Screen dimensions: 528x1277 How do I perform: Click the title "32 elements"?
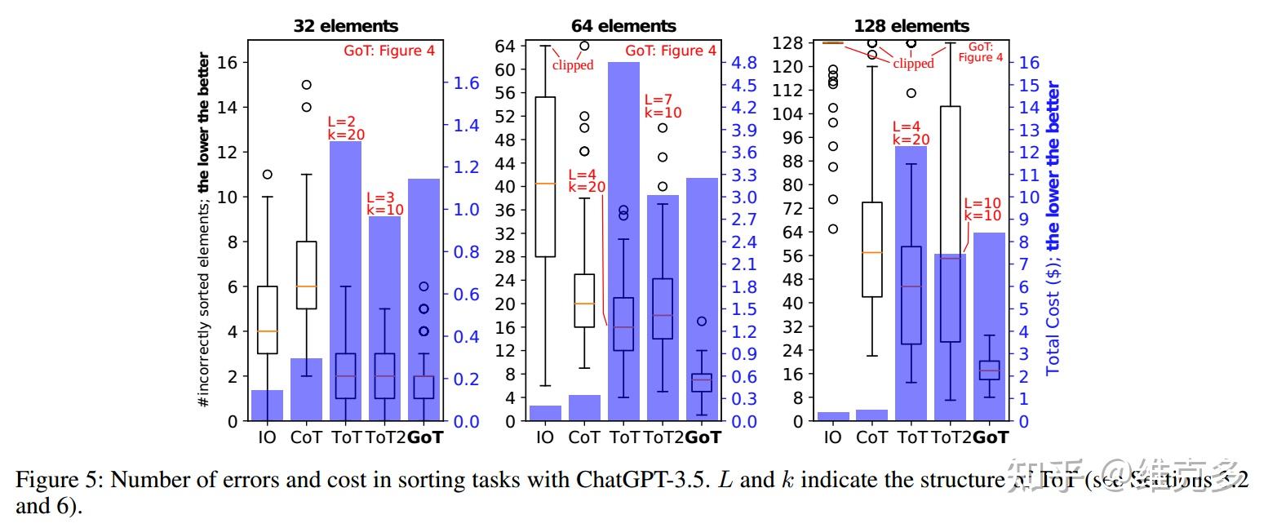pos(346,26)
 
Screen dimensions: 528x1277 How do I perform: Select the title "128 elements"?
pos(911,26)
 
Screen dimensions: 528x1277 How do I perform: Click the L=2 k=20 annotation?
pos(346,129)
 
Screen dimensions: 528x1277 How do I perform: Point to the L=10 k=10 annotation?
pos(982,210)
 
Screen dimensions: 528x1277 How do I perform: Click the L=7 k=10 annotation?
pos(663,107)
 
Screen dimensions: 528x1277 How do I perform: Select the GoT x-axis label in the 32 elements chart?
pos(424,437)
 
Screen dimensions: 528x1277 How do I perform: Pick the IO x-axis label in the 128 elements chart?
pos(832,437)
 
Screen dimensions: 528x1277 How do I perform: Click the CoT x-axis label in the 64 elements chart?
pos(584,437)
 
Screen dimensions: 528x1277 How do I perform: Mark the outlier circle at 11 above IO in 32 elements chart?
pos(267,174)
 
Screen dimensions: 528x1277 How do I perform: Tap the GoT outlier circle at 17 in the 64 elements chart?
pos(702,322)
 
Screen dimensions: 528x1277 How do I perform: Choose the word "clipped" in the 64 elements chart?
pos(573,65)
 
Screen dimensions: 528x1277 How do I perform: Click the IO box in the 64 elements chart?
pos(544,177)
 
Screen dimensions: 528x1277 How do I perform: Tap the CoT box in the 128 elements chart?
pos(871,250)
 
